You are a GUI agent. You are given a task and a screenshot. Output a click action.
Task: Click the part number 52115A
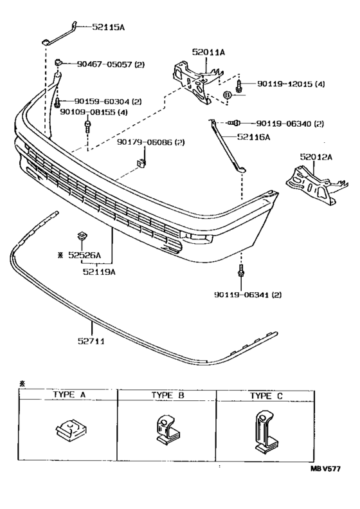(109, 27)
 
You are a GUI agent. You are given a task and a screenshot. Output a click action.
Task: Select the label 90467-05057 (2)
(111, 64)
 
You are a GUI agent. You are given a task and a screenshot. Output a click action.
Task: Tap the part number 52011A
(208, 52)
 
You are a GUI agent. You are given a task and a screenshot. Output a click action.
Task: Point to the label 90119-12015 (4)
(291, 84)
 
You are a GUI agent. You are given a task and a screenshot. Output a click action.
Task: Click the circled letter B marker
(228, 95)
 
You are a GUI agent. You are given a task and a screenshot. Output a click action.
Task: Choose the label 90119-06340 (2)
(290, 124)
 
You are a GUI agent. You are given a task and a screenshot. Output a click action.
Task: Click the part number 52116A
(253, 137)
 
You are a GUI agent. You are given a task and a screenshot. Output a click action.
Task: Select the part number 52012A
(316, 157)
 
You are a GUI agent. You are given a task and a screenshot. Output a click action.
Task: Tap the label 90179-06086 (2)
(151, 142)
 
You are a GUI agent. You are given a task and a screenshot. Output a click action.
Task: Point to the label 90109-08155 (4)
(93, 113)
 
